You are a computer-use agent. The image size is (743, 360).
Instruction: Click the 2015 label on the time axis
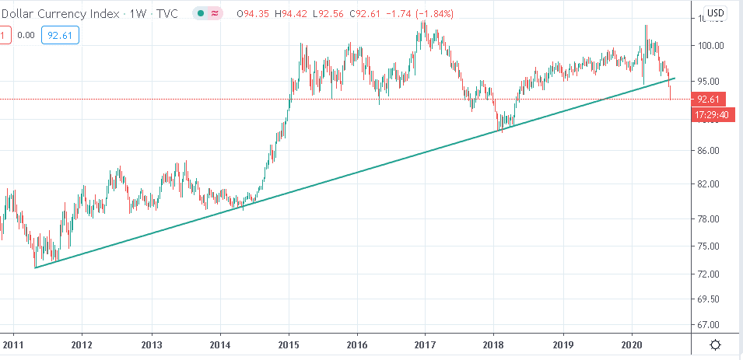tap(289, 344)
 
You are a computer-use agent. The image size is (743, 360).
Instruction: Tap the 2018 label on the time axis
tap(493, 344)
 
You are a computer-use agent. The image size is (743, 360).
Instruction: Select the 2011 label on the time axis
tap(13, 344)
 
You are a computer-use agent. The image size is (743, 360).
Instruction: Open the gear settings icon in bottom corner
tap(715, 344)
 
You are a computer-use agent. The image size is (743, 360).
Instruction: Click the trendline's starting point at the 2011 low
tap(36, 267)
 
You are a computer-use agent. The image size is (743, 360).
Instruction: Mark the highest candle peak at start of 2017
tap(423, 23)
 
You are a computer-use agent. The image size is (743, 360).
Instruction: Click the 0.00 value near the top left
tap(26, 35)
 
